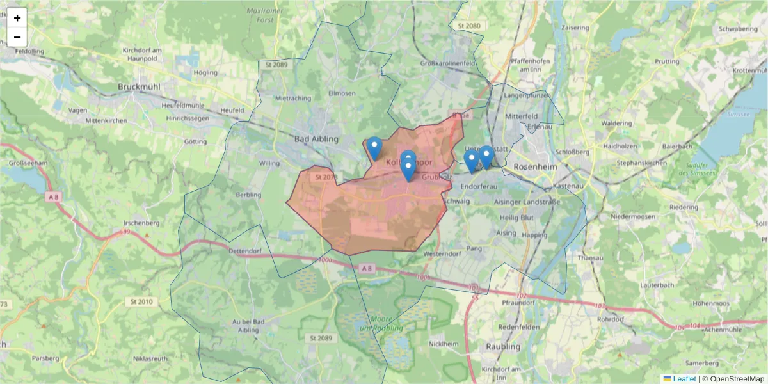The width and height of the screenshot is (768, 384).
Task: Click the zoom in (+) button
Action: coord(17,18)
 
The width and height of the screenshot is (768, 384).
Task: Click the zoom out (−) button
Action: coord(17,36)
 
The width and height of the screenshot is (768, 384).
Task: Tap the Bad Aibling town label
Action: coord(316,139)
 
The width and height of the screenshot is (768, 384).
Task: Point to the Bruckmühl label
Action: coord(139,86)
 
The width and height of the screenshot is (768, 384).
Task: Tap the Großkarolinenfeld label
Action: coord(447,63)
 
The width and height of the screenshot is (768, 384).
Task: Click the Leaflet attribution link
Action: coord(684,379)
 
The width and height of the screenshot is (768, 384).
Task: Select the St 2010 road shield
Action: coord(141,301)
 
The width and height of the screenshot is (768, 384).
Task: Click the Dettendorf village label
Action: coord(246,252)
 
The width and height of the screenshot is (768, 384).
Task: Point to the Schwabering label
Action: coord(738,29)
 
